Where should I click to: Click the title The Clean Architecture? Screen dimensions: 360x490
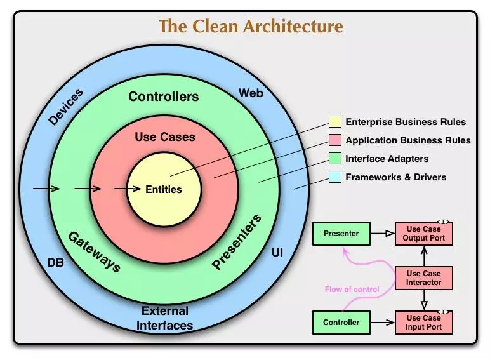pos(250,27)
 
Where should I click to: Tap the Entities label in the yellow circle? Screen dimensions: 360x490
pos(163,189)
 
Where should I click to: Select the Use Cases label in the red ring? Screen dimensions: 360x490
pos(165,137)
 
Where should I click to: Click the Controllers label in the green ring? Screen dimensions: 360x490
pos(163,97)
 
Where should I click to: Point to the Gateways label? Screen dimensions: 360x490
pos(94,251)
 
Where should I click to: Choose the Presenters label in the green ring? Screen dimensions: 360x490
pos(236,243)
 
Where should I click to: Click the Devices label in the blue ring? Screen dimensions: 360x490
pos(65,107)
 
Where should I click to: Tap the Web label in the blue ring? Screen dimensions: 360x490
pos(251,93)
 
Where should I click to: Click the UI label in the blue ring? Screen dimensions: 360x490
pos(277,253)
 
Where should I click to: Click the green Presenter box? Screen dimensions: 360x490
pos(341,234)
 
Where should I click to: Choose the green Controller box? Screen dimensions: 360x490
pos(341,323)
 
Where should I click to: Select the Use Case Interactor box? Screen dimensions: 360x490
pos(424,278)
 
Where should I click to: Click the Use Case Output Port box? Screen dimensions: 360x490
pos(424,234)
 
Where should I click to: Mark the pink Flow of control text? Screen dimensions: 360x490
pos(352,290)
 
